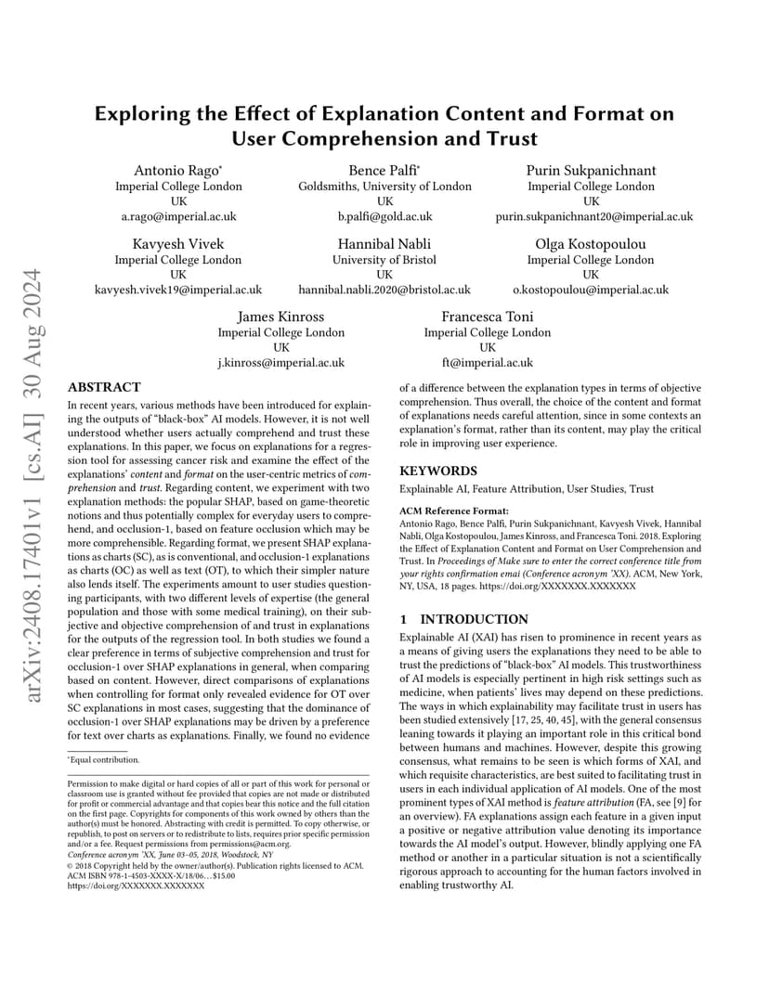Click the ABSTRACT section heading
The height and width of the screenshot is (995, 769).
(x=105, y=387)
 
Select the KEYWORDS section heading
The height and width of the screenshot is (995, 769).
(x=438, y=471)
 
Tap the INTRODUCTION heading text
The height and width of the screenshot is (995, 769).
(x=475, y=619)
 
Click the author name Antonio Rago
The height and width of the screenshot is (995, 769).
(x=177, y=170)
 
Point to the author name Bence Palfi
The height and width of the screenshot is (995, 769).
(x=384, y=170)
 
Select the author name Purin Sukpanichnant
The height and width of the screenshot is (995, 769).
(x=591, y=170)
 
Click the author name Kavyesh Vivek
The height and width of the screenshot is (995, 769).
(x=177, y=244)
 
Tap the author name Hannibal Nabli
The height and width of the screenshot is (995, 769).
(x=384, y=244)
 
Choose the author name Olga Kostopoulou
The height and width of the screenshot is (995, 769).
(x=591, y=244)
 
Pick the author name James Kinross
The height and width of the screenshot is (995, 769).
(x=280, y=317)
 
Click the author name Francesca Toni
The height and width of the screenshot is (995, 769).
(x=488, y=317)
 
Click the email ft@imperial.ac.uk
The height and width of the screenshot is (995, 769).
(x=488, y=363)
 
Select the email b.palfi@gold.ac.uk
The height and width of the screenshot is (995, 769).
(x=384, y=216)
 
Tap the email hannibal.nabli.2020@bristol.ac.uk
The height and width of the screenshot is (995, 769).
(x=384, y=290)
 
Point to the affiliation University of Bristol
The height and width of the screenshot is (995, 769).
(x=384, y=260)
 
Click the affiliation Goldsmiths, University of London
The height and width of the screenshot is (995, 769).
(x=384, y=187)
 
